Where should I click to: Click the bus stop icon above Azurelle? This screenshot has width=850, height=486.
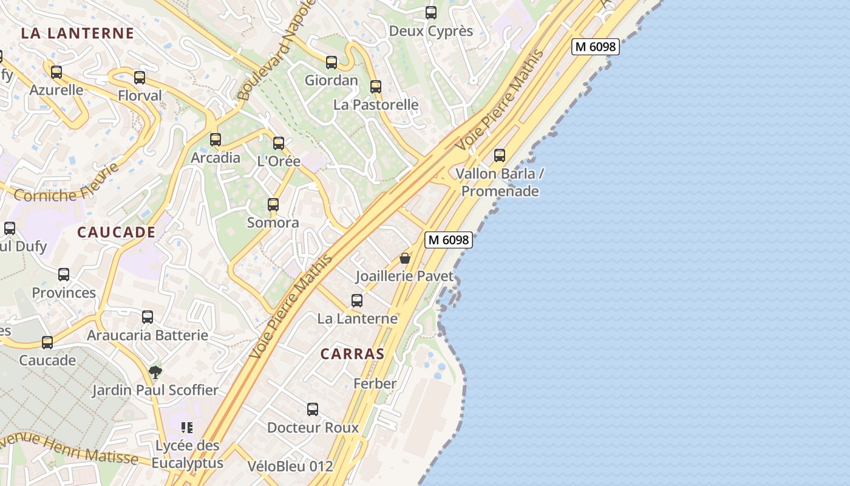pyautogui.click(x=56, y=72)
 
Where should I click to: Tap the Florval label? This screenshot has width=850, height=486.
pyautogui.click(x=140, y=95)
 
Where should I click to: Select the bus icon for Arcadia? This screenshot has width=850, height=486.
pyautogui.click(x=216, y=140)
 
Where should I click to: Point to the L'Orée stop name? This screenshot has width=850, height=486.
pyautogui.click(x=279, y=161)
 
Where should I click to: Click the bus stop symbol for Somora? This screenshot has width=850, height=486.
pyautogui.click(x=273, y=205)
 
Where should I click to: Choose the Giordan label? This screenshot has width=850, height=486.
pyautogui.click(x=331, y=80)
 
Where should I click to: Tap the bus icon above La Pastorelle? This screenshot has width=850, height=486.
pyautogui.click(x=376, y=87)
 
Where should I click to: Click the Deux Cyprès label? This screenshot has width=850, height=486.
pyautogui.click(x=430, y=31)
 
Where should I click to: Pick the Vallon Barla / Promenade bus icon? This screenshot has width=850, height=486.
pyautogui.click(x=500, y=156)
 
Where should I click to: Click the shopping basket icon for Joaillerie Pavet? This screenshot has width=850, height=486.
pyautogui.click(x=405, y=258)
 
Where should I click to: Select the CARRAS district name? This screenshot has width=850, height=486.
pyautogui.click(x=352, y=354)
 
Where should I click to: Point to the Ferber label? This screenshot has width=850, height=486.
pyautogui.click(x=375, y=383)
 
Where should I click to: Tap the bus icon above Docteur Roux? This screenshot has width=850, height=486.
pyautogui.click(x=313, y=409)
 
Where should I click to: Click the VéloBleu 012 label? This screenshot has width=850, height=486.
pyautogui.click(x=290, y=466)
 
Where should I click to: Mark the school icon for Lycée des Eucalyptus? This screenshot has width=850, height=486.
pyautogui.click(x=187, y=428)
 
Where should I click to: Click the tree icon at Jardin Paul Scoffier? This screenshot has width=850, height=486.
pyautogui.click(x=155, y=372)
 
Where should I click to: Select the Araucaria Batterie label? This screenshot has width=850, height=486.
pyautogui.click(x=148, y=335)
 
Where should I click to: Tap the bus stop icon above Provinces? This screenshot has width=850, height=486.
pyautogui.click(x=64, y=275)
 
